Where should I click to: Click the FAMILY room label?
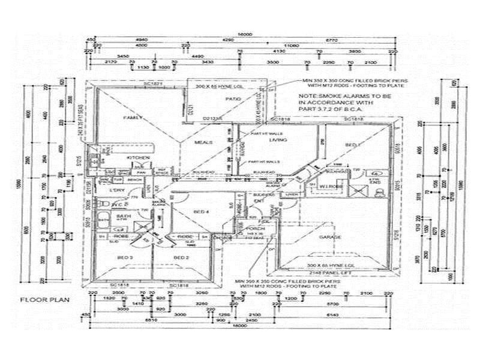[x=130, y=118]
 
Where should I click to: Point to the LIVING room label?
[x=278, y=140]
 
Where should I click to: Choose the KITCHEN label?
[x=136, y=157]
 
